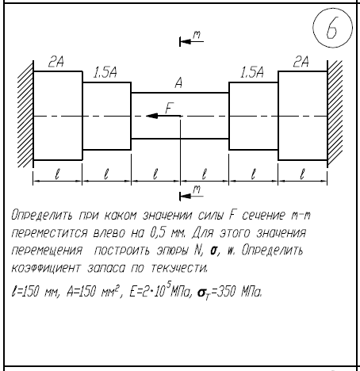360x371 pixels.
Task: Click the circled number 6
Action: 332,28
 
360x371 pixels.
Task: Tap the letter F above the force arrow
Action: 169,108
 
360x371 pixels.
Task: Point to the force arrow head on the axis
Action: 152,116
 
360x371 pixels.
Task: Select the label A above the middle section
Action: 178,83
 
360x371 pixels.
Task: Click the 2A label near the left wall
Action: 56,62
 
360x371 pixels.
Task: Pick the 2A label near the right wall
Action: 301,62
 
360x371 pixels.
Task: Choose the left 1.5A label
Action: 105,72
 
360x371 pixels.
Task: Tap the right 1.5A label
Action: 252,72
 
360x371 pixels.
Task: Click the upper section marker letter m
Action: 197,35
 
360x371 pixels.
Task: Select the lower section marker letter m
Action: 197,189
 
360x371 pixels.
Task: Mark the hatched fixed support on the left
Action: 25,113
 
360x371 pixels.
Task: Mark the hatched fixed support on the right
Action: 335,113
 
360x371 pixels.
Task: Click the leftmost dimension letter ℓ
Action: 57,174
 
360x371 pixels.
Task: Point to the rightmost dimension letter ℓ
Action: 302,174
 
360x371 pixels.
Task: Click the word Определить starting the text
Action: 41,216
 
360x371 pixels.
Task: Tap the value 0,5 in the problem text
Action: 158,233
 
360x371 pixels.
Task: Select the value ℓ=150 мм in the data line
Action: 32,292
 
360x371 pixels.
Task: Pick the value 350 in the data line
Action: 226,292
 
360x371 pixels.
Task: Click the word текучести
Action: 179,268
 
